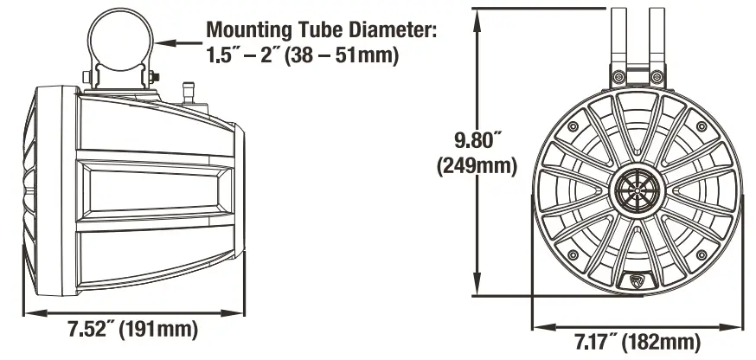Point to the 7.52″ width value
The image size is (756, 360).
93,330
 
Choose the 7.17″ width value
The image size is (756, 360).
605,341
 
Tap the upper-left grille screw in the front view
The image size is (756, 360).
573,127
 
